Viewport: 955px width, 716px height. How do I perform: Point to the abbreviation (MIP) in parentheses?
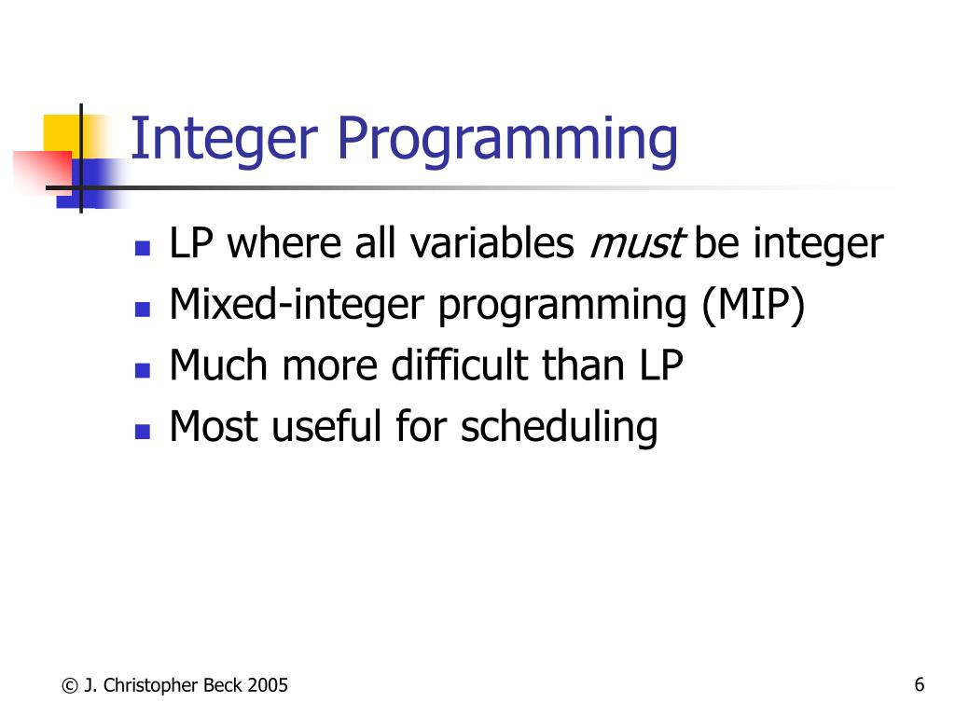(754, 306)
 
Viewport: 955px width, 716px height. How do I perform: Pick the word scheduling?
(560, 428)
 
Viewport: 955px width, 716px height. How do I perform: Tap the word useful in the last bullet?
(327, 427)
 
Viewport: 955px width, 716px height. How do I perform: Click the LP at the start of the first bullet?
(192, 244)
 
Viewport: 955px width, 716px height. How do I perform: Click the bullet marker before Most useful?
(142, 432)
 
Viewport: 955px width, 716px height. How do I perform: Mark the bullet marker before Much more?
(142, 370)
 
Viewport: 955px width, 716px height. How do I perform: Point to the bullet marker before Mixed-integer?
(142, 310)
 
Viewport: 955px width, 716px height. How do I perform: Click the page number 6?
(919, 685)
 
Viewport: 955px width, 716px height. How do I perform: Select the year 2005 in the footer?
(268, 686)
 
